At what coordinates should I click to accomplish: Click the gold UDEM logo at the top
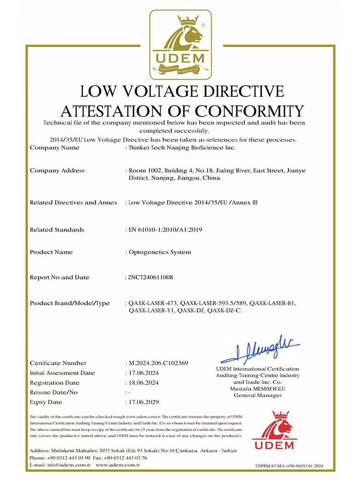[x=180, y=45]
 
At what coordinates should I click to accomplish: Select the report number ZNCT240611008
[x=151, y=277]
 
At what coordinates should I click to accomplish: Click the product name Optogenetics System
[x=160, y=252]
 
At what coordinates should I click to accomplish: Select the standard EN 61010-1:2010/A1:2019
[x=165, y=229]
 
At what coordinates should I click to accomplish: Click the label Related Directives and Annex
[x=73, y=203]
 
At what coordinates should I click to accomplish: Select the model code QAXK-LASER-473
[x=153, y=303]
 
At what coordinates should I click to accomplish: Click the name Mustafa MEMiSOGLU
[x=258, y=389]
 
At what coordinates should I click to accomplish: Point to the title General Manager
[x=258, y=396]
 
